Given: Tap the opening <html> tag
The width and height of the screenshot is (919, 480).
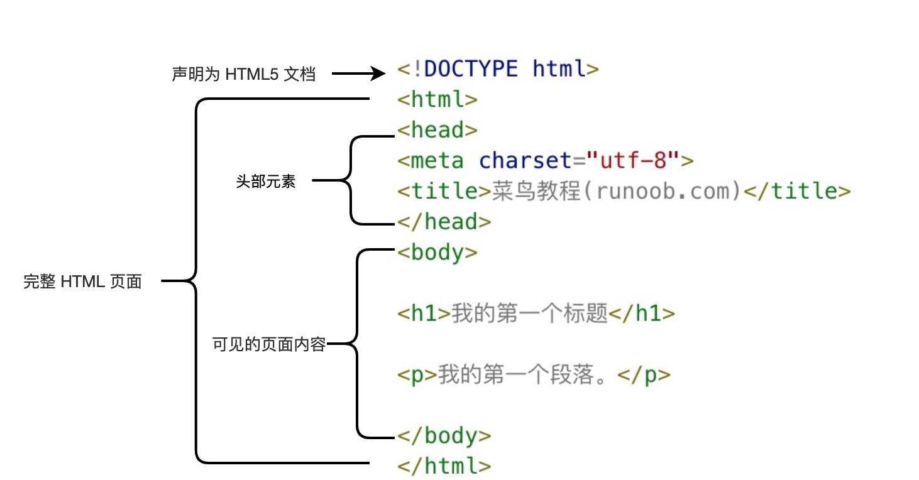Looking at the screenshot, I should tap(437, 99).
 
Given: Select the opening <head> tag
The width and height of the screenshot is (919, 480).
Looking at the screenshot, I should tap(437, 130).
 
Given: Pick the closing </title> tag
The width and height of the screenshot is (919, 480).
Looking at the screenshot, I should tap(796, 191).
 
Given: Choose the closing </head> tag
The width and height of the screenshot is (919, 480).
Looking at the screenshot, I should tap(444, 222).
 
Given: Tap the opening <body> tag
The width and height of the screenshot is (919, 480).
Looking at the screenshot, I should tap(437, 253).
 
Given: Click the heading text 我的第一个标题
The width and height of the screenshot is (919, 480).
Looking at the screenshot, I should tap(530, 314).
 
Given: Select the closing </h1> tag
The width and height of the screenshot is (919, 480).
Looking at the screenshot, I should tap(642, 314).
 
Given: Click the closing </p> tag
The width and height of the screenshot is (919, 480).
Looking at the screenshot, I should tap(644, 375).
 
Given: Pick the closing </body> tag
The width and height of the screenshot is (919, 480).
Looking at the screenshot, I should tap(444, 436).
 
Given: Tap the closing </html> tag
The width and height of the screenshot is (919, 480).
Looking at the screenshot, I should tap(444, 466).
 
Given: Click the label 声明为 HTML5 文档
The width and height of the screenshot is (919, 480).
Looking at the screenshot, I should tap(243, 75).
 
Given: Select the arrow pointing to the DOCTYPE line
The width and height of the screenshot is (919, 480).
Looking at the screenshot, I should tap(358, 74).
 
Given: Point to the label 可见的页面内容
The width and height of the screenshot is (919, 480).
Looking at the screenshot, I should tap(269, 345).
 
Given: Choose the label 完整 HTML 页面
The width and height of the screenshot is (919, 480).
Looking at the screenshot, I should tap(82, 282).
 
